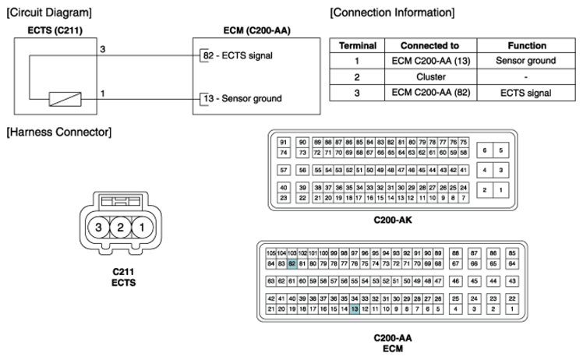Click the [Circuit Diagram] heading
coord(48,12)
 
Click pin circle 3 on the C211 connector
coord(98,228)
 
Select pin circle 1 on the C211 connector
coord(142,228)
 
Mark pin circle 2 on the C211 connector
coord(120,228)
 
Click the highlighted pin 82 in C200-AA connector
coord(291,265)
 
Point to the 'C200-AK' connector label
coord(392,221)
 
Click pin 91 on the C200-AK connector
coord(284,142)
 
